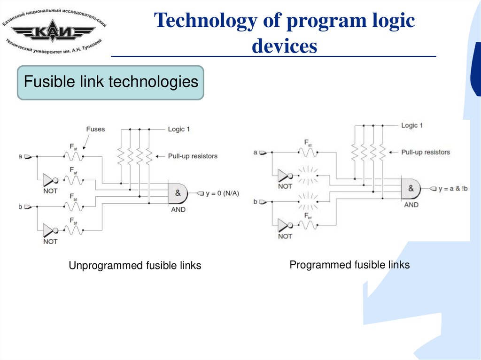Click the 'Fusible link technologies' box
(111, 83)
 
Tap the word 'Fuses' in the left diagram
(96, 129)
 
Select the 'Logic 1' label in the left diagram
(179, 129)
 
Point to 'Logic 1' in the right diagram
(412, 125)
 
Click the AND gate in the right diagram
(410, 189)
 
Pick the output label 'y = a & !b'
(455, 189)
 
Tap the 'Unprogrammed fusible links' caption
(135, 266)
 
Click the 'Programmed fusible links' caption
(349, 265)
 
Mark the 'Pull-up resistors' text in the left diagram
(193, 156)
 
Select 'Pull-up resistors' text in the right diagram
(426, 152)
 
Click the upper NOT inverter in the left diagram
(49, 179)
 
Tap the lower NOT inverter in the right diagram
(283, 224)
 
